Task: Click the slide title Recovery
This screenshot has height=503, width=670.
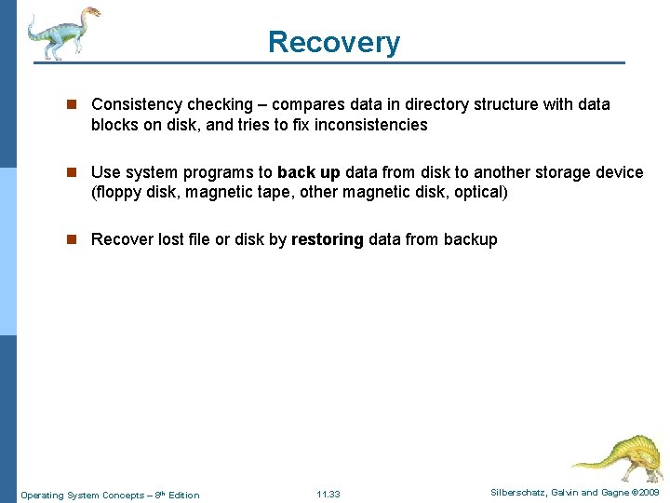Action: [x=334, y=42]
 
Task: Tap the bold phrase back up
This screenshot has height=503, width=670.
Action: [x=309, y=172]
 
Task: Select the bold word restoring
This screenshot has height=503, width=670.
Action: [x=328, y=239]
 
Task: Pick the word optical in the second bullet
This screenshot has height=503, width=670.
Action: [x=476, y=193]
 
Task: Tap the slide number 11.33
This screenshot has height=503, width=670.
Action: [x=328, y=495]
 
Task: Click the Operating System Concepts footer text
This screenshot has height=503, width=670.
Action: [x=110, y=495]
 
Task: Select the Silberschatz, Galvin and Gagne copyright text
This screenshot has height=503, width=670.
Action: [x=575, y=493]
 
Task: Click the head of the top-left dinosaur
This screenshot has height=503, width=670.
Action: [x=90, y=14]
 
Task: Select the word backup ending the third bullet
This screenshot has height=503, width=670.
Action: [x=471, y=239]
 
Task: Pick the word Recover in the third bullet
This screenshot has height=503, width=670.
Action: [x=121, y=239]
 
